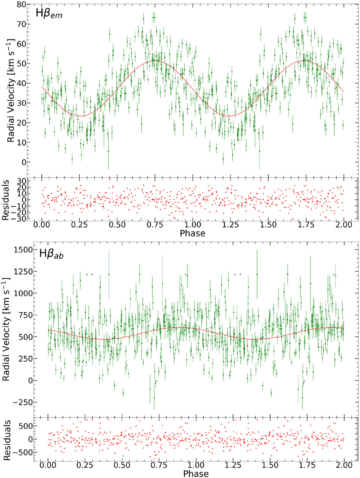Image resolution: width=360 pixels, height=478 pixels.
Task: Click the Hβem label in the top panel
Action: coord(49,14)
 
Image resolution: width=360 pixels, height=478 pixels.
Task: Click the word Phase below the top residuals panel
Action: coord(193,233)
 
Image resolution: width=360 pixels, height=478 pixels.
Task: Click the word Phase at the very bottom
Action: coord(196,474)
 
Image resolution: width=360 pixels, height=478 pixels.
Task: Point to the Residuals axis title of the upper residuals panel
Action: coord(6,200)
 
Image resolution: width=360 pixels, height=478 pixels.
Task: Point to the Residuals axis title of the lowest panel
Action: coord(7,440)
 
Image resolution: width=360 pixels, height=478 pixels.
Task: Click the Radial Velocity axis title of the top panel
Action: coord(11,90)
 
